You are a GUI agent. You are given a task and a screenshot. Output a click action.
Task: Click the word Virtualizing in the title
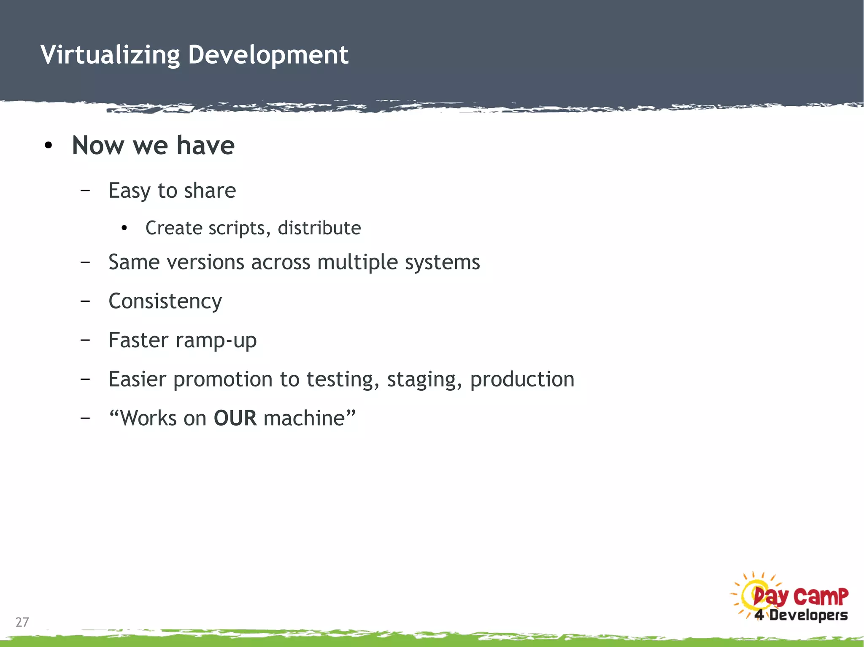click(x=110, y=55)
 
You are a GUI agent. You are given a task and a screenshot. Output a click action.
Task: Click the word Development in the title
click(x=268, y=55)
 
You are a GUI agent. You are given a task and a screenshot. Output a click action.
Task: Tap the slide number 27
click(x=22, y=622)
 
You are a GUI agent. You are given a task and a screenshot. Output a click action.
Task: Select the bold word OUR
click(x=235, y=418)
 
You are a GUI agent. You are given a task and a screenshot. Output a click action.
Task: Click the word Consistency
click(x=165, y=301)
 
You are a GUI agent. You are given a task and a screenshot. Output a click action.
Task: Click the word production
click(x=522, y=379)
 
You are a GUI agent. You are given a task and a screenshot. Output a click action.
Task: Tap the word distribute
click(x=319, y=228)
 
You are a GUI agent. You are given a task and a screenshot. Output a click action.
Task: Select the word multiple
click(x=357, y=263)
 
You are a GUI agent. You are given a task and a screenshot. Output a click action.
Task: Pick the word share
click(x=210, y=191)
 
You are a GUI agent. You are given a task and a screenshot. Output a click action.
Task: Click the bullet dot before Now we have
click(x=49, y=146)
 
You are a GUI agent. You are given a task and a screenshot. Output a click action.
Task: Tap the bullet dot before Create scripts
click(x=124, y=228)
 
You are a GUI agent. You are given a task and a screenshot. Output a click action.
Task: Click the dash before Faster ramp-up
click(x=85, y=340)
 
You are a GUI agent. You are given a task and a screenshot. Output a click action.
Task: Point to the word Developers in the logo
click(x=808, y=615)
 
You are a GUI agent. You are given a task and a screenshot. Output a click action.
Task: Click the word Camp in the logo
click(x=821, y=596)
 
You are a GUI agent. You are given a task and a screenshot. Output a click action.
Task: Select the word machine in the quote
click(x=304, y=418)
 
